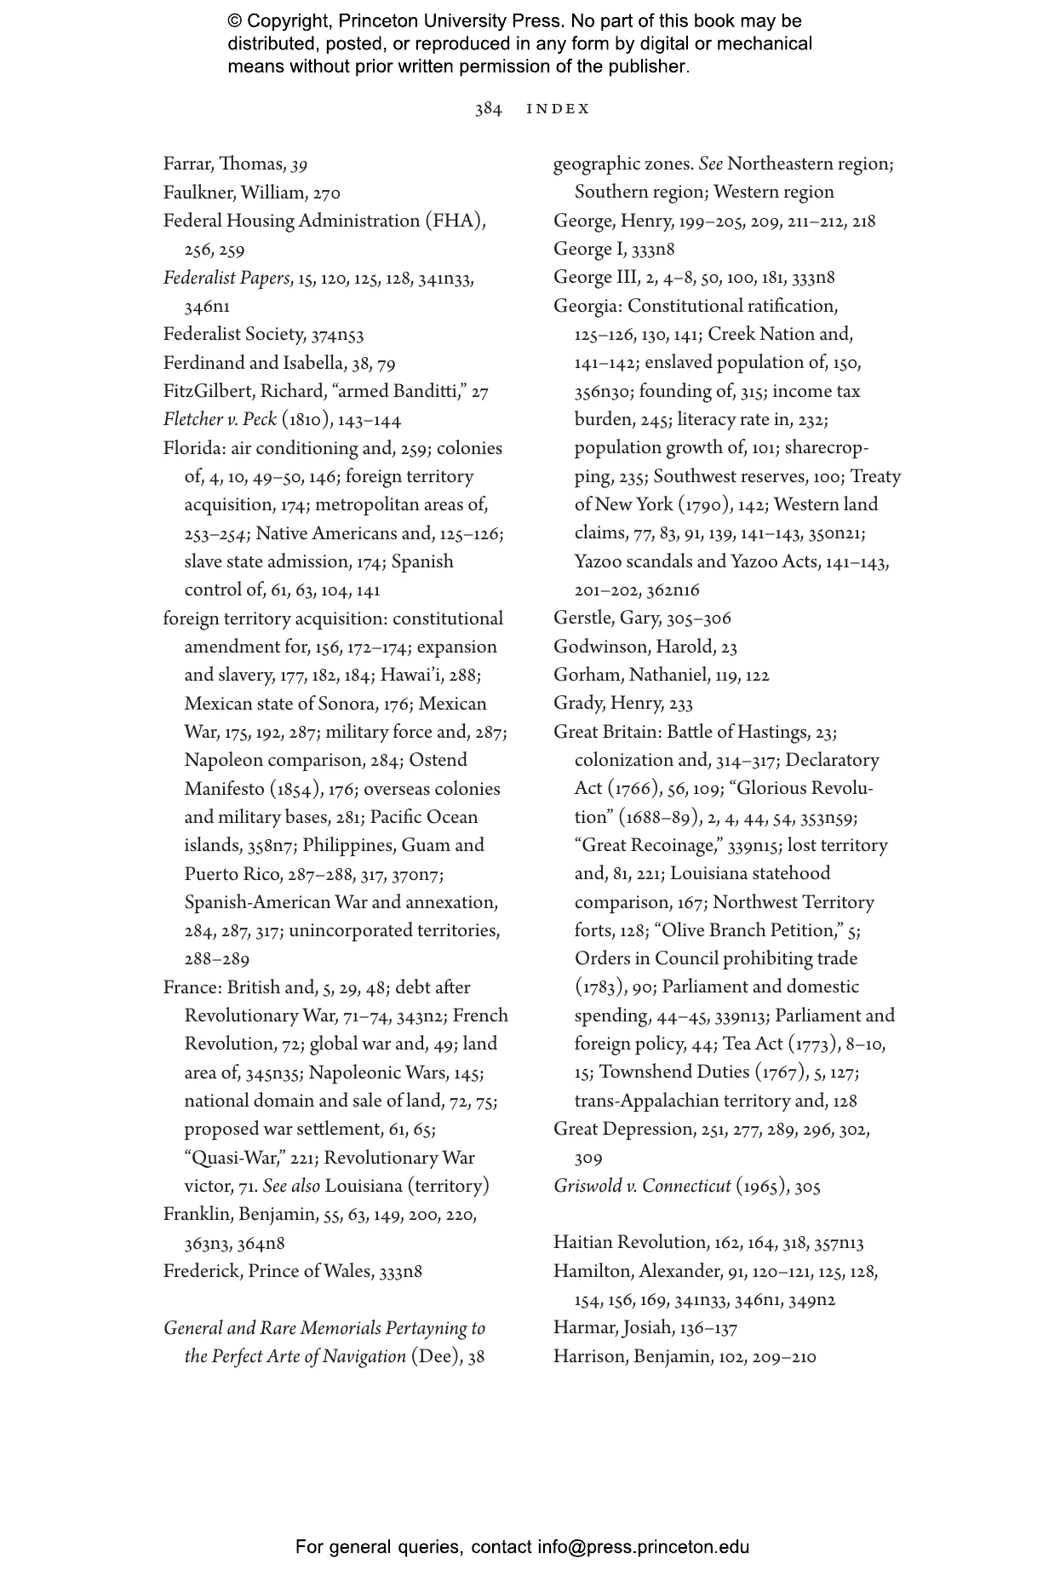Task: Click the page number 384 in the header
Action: click(488, 109)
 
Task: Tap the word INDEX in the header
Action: click(558, 109)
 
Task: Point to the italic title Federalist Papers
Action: click(226, 279)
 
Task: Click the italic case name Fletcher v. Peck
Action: click(220, 420)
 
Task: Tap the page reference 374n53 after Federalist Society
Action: click(337, 336)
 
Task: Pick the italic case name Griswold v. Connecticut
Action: click(642, 1187)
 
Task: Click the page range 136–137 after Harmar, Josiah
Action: click(708, 1328)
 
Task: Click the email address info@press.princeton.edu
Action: click(643, 1547)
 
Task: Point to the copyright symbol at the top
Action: click(235, 21)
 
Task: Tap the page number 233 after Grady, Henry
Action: click(680, 704)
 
